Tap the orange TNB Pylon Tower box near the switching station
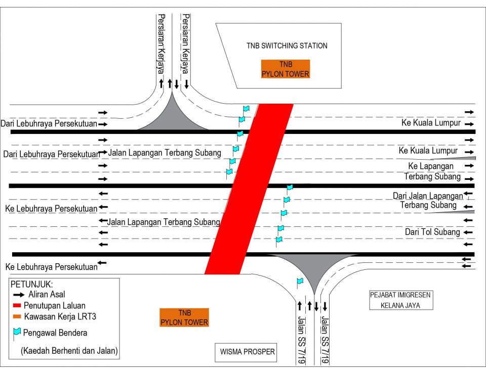[285, 69]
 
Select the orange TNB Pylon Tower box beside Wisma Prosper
[184, 317]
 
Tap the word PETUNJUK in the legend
[31, 284]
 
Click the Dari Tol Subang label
[432, 232]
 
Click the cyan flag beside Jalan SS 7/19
[300, 281]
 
